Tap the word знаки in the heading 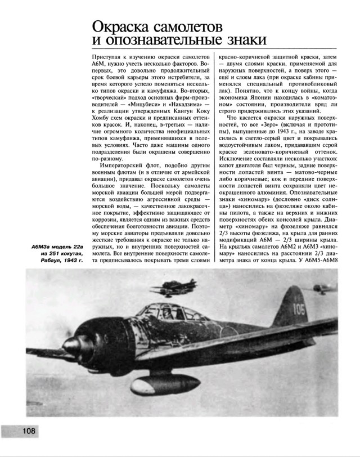tap(240, 41)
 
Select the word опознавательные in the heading tap(154, 41)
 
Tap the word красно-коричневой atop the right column tap(245, 58)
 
